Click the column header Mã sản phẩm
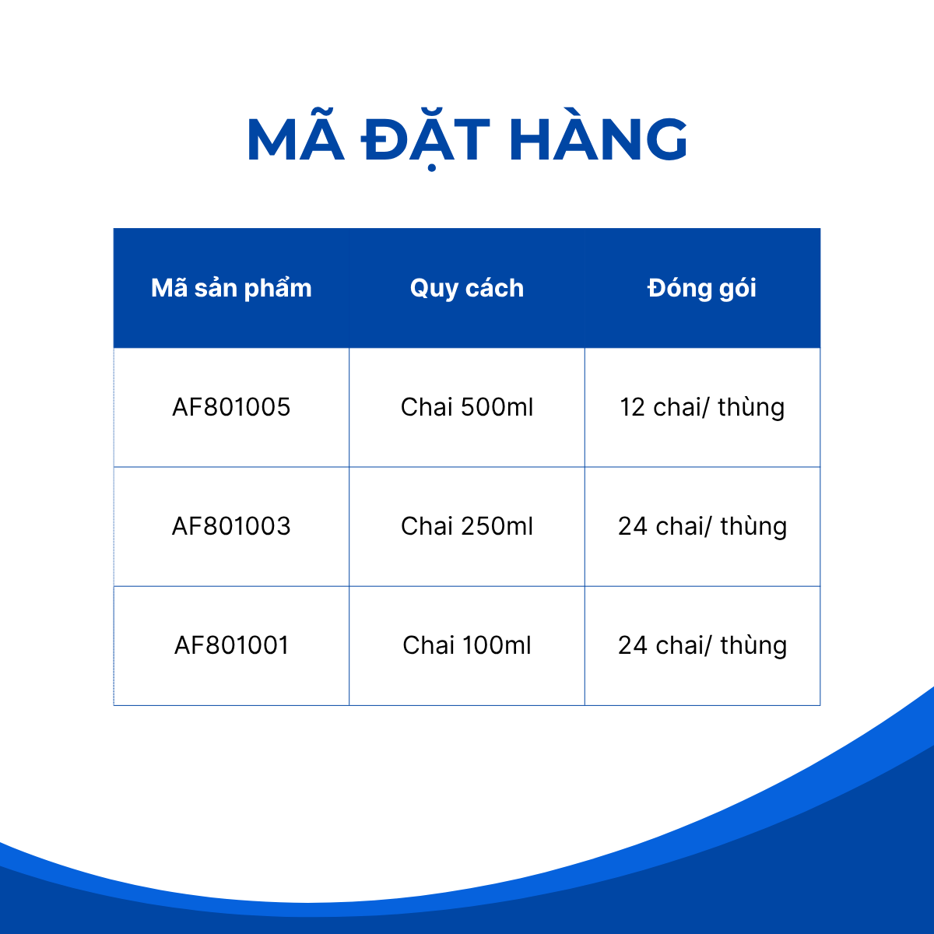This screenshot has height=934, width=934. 231,289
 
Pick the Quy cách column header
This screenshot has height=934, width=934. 467,289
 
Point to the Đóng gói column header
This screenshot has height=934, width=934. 702,287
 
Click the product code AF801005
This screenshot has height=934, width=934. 231,407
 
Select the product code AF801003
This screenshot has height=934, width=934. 231,526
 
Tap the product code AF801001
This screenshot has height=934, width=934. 232,645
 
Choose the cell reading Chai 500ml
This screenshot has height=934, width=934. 467,406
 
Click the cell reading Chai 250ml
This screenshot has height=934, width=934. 467,526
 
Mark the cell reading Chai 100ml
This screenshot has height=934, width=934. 467,645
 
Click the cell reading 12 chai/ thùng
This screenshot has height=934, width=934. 702,408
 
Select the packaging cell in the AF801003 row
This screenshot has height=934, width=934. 702,527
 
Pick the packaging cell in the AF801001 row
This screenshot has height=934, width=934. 702,646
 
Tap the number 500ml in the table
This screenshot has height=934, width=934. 497,406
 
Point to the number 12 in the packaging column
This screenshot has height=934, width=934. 633,407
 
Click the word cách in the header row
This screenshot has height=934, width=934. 494,289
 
